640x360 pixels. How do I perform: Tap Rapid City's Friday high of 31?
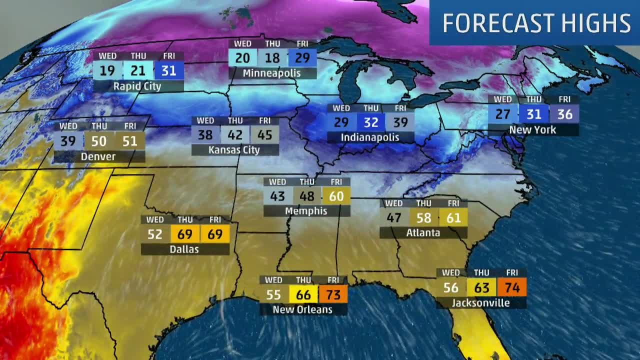point(169,70)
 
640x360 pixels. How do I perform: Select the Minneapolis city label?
point(272,73)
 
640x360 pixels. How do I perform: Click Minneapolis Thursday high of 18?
point(272,58)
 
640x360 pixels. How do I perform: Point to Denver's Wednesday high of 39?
point(68,141)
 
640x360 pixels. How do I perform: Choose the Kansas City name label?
point(234,150)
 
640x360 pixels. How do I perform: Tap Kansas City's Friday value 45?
point(264,134)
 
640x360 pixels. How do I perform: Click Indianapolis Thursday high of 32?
point(370,121)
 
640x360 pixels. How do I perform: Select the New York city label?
point(532,130)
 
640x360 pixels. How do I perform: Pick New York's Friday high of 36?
point(564,114)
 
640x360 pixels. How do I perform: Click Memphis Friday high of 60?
point(336,196)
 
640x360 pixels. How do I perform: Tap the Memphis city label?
point(306,211)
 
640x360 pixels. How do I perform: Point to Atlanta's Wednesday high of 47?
point(394,217)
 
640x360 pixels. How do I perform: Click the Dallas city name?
point(184,249)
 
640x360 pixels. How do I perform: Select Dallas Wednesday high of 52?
point(155,234)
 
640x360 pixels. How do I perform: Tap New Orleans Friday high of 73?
point(333,294)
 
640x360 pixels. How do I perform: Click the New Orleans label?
point(302,310)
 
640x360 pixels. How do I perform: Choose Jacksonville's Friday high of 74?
point(511,287)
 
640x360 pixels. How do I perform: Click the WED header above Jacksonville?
point(451,273)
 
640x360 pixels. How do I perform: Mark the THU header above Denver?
point(99,126)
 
